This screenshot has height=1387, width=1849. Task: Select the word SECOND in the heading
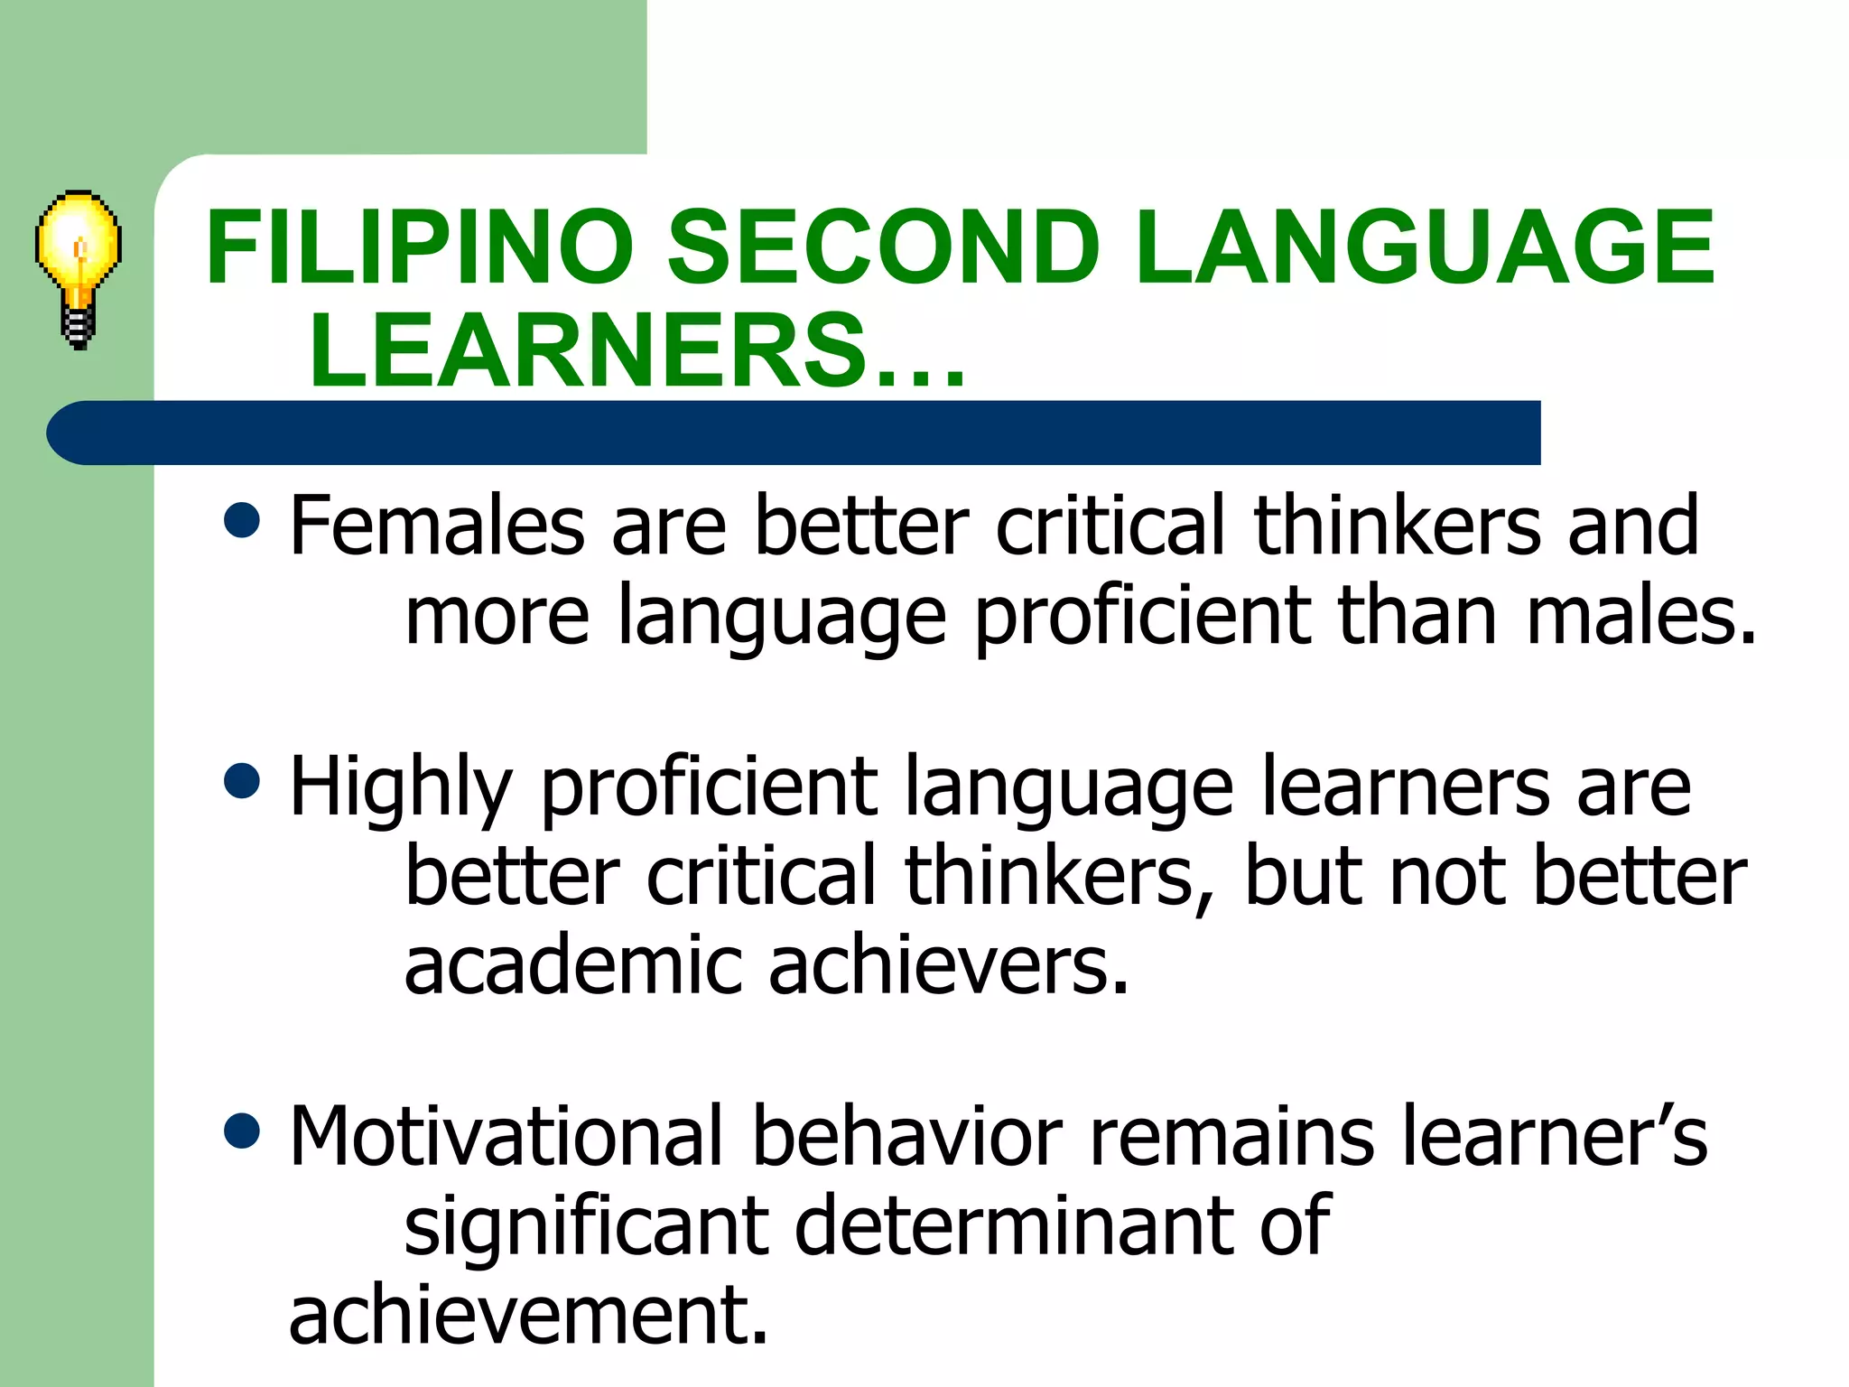click(883, 247)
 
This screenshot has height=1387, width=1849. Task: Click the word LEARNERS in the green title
click(587, 350)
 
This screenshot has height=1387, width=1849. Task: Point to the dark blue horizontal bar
click(794, 433)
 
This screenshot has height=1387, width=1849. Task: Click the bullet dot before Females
click(241, 520)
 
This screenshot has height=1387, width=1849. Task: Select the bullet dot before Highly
click(241, 781)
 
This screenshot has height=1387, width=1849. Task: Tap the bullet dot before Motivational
click(241, 1131)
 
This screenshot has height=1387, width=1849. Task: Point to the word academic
click(572, 965)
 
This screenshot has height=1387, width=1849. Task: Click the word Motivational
click(506, 1136)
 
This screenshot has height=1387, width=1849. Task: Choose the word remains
click(1232, 1136)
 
